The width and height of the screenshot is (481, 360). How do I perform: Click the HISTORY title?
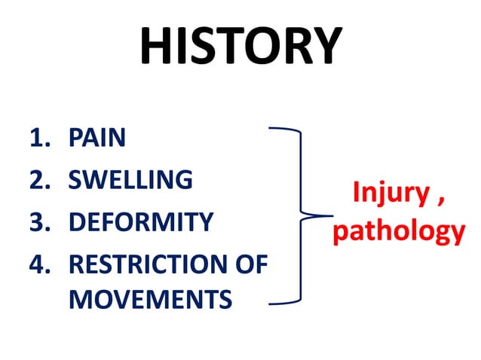240,47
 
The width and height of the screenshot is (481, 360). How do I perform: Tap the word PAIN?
97,138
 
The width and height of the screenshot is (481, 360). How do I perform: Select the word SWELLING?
130,180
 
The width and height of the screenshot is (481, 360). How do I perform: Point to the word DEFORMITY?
141,223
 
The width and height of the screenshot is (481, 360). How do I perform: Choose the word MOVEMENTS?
150,300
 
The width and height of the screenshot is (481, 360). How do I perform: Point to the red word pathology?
399,230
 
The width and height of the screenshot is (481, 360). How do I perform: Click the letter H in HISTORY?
157,47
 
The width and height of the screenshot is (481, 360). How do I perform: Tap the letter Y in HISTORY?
323,47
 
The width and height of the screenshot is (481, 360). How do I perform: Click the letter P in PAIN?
76,138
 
